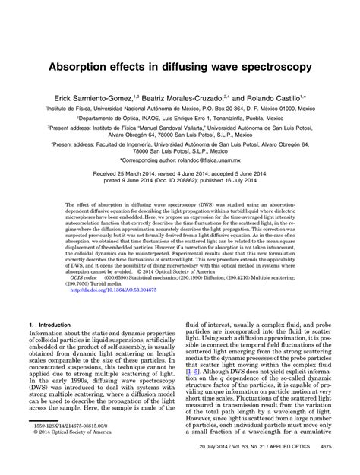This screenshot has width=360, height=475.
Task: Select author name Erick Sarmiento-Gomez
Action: click(x=115, y=98)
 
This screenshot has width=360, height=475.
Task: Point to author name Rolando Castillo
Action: click(x=280, y=98)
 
